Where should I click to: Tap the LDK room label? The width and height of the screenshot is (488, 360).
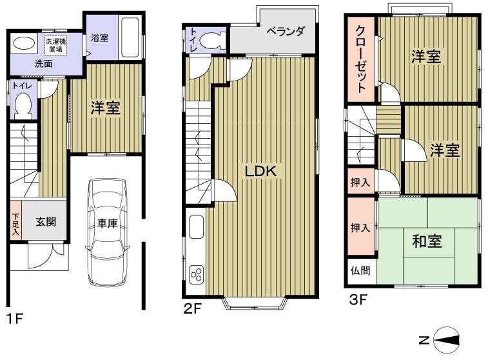click(x=260, y=171)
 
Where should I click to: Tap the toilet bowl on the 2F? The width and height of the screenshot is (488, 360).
click(x=210, y=40)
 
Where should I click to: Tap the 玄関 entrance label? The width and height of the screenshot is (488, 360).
click(x=45, y=222)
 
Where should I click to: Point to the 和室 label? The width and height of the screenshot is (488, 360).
click(x=426, y=241)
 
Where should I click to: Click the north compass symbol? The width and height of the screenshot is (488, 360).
click(x=445, y=340)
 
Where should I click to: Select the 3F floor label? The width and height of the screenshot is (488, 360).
click(x=358, y=299)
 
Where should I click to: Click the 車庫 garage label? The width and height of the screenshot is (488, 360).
click(x=108, y=223)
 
